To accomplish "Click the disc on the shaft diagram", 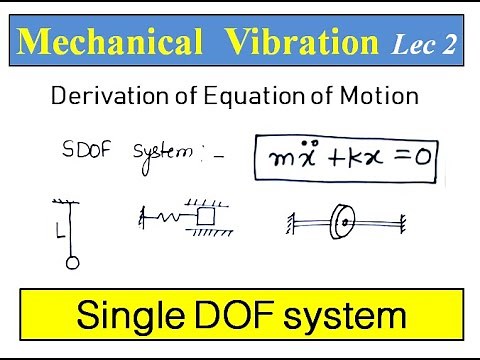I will click(x=344, y=222).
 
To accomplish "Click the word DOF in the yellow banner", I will click(x=246, y=317).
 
